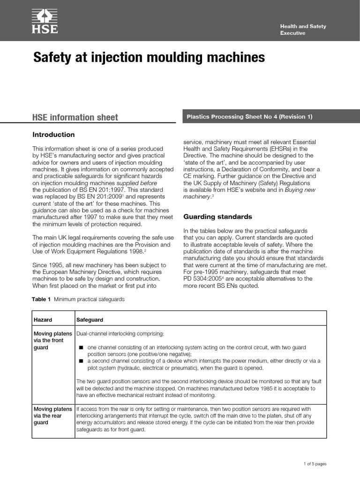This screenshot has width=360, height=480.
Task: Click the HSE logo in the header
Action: tap(45, 21)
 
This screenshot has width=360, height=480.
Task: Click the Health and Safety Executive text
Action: tap(303, 30)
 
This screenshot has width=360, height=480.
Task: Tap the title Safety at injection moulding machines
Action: tap(149, 58)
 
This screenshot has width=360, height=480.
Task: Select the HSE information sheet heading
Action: tap(75, 117)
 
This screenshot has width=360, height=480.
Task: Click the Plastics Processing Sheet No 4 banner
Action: tap(249, 117)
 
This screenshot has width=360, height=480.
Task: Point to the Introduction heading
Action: tap(53, 135)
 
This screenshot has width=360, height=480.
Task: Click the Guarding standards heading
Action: tap(217, 217)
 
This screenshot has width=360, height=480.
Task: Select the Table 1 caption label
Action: tap(41, 299)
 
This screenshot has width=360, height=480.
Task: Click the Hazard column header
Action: tap(43, 320)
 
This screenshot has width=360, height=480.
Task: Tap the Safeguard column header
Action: tap(90, 320)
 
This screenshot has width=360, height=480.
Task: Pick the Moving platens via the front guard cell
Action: tap(52, 340)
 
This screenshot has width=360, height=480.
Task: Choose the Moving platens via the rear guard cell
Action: tap(52, 416)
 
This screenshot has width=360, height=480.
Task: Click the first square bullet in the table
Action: tap(81, 348)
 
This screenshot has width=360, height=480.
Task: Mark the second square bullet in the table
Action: tap(81, 361)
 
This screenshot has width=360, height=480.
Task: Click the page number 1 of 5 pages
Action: tap(315, 464)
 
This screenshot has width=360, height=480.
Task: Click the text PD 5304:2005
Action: tap(202, 278)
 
